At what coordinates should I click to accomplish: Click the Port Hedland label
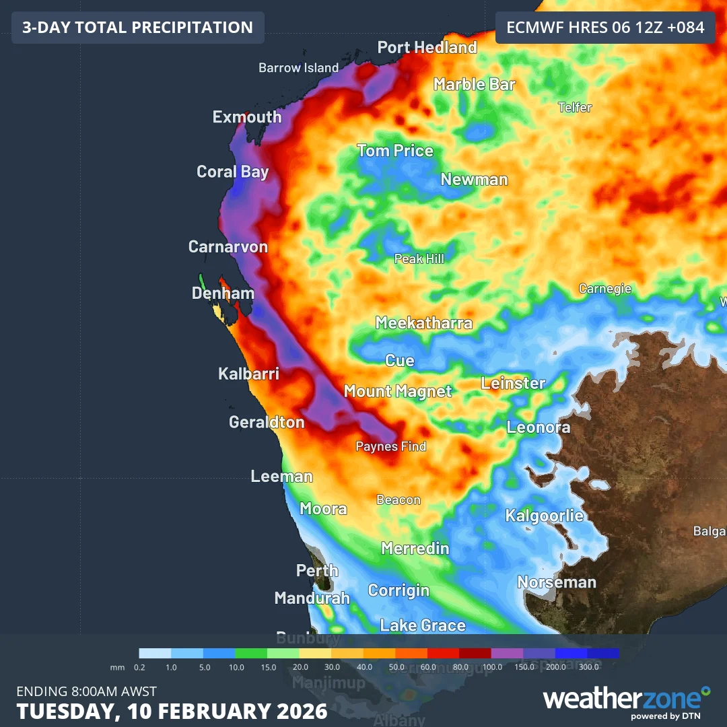coord(427,48)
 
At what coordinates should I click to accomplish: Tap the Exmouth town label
coord(247,117)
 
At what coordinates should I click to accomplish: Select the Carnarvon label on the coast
coord(228,247)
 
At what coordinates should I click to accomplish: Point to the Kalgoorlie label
coord(545,516)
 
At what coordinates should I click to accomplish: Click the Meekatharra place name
coord(423,323)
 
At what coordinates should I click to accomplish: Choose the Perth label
coord(317,571)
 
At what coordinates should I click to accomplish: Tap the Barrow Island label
coord(298,68)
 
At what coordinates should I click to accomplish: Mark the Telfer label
coord(575,108)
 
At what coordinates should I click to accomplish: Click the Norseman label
coord(557,582)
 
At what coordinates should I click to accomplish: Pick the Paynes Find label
coord(390,446)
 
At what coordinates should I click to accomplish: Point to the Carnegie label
coord(605,289)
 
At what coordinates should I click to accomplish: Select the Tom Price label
coord(394,151)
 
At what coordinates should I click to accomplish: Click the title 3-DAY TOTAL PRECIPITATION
coord(137,28)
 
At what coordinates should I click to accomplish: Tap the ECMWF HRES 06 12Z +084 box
coord(604,28)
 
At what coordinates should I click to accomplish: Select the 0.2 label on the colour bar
coord(139,667)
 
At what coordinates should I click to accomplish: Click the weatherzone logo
coord(626,699)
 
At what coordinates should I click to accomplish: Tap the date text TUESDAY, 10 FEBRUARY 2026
coord(172,711)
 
